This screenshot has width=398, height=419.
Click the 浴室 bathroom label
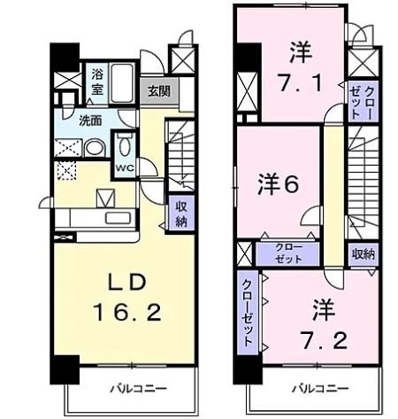pyautogui.click(x=96, y=82)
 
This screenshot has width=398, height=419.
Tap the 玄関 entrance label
pyautogui.click(x=159, y=90)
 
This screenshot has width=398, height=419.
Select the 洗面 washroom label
pyautogui.click(x=90, y=120)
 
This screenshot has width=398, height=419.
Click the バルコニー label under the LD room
pyautogui.click(x=132, y=388)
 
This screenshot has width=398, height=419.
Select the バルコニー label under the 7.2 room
pyautogui.click(x=315, y=388)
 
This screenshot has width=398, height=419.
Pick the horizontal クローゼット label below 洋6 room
pyautogui.click(x=287, y=252)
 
